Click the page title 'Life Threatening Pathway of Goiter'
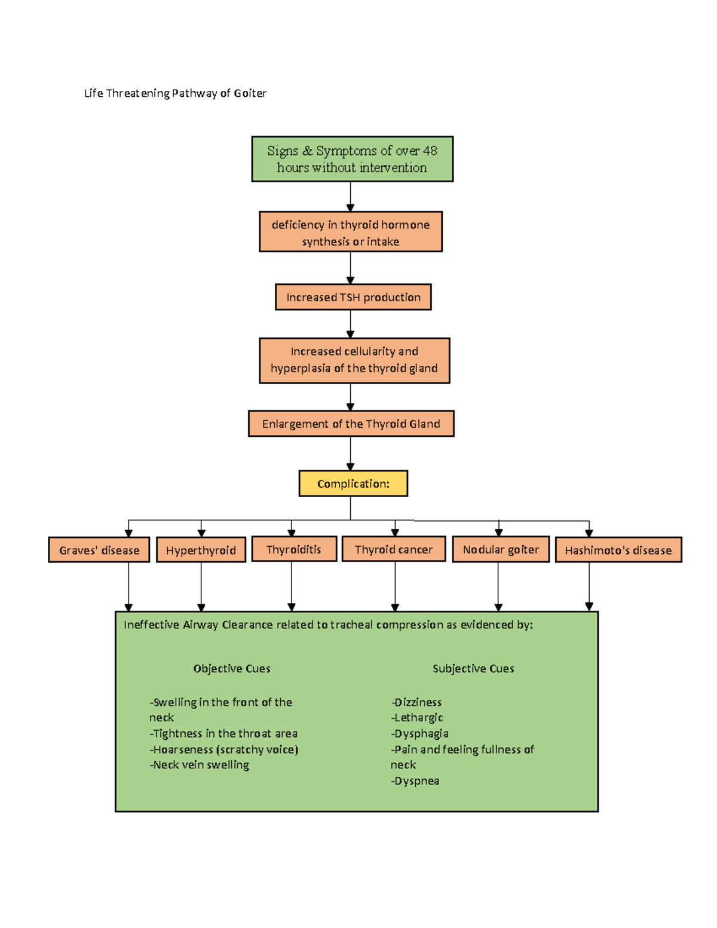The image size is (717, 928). coord(175,93)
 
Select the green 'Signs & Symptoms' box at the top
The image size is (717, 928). coord(352,159)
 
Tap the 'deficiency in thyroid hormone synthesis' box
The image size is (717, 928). coord(351,232)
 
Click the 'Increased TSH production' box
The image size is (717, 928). coord(353,297)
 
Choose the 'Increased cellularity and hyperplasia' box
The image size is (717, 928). coord(354,360)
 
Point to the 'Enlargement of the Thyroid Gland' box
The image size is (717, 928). coord(351,424)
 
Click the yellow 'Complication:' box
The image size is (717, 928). coord(353,483)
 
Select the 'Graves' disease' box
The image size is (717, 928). coord(99,550)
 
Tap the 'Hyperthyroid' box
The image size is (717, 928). coord(201,550)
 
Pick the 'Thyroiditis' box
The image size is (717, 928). coord(294,549)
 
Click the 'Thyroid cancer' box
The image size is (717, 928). coord(394,549)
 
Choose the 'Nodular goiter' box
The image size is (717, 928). coord(501,549)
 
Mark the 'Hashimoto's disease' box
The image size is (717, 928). coord(618,550)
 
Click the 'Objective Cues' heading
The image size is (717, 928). coord(232,669)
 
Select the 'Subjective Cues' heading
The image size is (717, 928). coord(473,669)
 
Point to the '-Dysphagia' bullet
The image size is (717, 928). coord(420,734)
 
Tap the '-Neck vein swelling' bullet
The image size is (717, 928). coord(200,765)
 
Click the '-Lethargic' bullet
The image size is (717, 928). coord(417,718)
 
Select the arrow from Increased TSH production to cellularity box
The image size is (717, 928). coord(351,324)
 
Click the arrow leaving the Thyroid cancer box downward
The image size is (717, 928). coord(395,586)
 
